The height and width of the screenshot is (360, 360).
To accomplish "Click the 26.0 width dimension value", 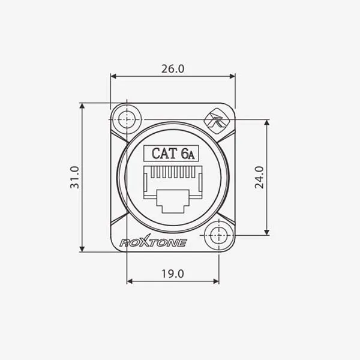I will tap(173, 69).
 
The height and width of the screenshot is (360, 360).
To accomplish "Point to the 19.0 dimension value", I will tap(173, 274).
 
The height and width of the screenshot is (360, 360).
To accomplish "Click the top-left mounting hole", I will tap(127, 119).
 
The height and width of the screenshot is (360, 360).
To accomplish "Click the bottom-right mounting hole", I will tap(218, 235).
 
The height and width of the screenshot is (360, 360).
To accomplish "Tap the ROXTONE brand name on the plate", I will tap(153, 242).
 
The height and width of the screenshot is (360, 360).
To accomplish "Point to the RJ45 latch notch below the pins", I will tap(173, 201).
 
